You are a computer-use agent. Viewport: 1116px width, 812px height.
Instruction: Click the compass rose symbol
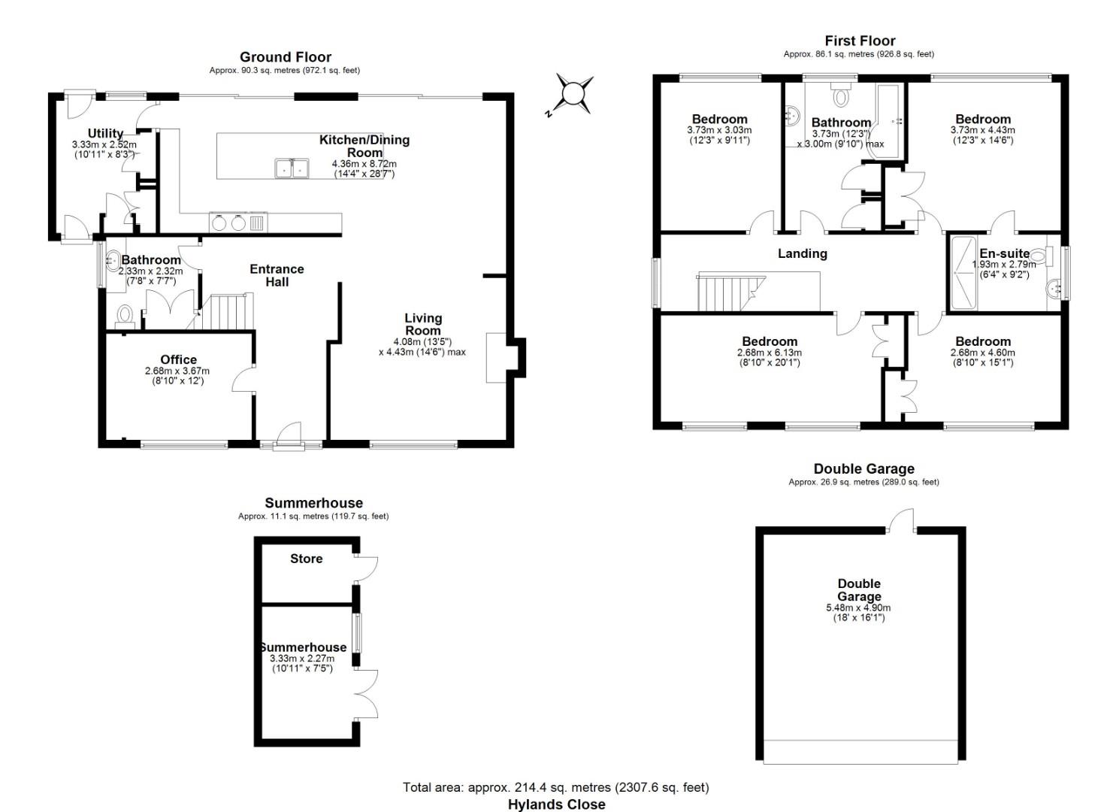pyautogui.click(x=573, y=94)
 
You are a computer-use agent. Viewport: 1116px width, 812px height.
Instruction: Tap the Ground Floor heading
pyautogui.click(x=285, y=57)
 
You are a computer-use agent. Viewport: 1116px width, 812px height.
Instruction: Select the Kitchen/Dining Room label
pyautogui.click(x=364, y=146)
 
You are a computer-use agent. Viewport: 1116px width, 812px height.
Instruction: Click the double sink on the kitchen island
pyautogui.click(x=291, y=168)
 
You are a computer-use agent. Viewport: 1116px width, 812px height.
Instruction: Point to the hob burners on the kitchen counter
pyautogui.click(x=228, y=223)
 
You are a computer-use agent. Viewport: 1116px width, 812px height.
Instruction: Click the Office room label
pyautogui.click(x=178, y=359)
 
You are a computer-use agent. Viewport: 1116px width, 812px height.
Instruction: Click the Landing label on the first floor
pyautogui.click(x=802, y=253)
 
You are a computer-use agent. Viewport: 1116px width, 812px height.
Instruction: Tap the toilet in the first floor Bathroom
pyautogui.click(x=840, y=97)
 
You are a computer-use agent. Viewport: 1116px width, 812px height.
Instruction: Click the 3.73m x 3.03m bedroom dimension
pyautogui.click(x=719, y=130)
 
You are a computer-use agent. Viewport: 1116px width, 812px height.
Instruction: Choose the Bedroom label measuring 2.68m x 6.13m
pyautogui.click(x=769, y=341)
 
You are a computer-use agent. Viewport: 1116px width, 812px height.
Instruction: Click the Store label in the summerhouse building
pyautogui.click(x=306, y=559)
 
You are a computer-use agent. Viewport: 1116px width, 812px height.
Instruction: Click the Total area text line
pyautogui.click(x=555, y=787)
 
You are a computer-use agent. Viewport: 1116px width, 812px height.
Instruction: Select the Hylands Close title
pyautogui.click(x=556, y=804)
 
